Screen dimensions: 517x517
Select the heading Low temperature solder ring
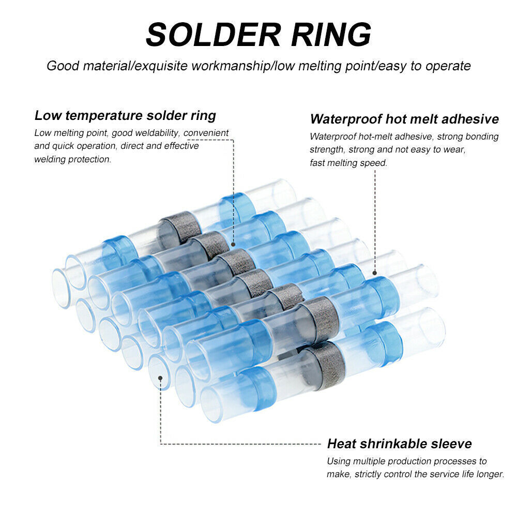coord(125,115)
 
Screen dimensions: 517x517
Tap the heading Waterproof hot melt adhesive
coord(404,119)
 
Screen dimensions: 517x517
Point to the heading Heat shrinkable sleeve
coord(399,444)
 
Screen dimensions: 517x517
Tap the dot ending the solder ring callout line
coord(234,245)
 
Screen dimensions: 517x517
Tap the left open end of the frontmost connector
coord(211,404)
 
